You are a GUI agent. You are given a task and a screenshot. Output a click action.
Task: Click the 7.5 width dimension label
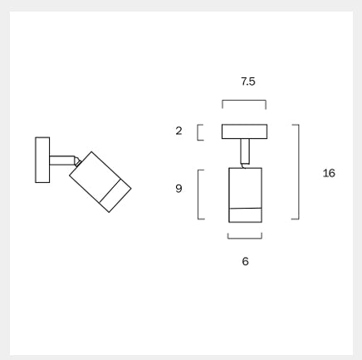pyautogui.click(x=248, y=81)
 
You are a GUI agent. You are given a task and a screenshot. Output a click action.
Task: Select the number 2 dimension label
pyautogui.click(x=179, y=131)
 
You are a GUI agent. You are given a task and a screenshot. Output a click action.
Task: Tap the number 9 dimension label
pyautogui.click(x=179, y=189)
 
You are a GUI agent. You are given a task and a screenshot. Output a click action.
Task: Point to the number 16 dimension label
pyautogui.click(x=329, y=173)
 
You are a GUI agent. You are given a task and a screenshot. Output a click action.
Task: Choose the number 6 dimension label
pyautogui.click(x=245, y=261)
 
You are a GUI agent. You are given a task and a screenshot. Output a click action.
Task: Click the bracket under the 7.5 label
pyautogui.click(x=244, y=101)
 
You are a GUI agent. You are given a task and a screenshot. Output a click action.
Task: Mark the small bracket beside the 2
pyautogui.click(x=198, y=132)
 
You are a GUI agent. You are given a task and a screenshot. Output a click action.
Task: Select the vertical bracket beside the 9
pyautogui.click(x=198, y=195)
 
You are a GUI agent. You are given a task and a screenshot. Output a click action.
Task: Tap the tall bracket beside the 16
pyautogui.click(x=299, y=172)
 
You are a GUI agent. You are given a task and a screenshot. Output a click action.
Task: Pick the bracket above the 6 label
pyautogui.click(x=245, y=238)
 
